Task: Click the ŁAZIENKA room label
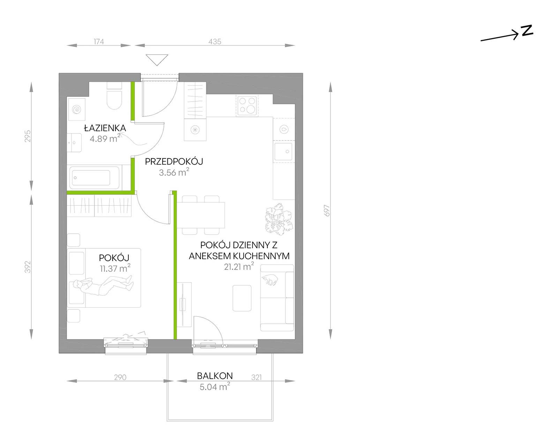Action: tap(105, 128)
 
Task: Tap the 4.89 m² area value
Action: tap(105, 138)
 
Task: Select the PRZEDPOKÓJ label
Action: tap(174, 162)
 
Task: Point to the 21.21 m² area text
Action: tap(239, 266)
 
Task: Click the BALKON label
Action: tap(215, 375)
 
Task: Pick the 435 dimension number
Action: tap(215, 42)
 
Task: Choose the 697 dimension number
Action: tap(327, 210)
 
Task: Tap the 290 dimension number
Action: tap(120, 377)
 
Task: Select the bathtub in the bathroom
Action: tap(95, 178)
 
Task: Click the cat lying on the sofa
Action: tap(270, 279)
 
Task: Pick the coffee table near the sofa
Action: tap(242, 298)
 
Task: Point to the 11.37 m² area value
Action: tap(115, 268)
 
